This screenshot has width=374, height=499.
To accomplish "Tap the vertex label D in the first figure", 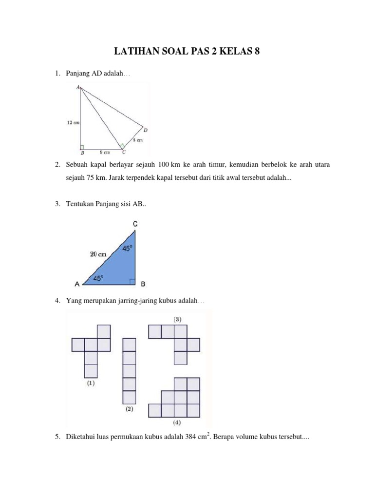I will click(145, 130).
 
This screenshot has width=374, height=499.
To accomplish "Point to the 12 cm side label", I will click(73, 123).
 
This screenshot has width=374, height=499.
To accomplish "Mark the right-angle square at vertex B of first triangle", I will click(83, 147).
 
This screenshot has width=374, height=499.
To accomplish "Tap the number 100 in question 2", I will click(157, 165).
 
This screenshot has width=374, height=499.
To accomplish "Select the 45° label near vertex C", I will click(127, 249).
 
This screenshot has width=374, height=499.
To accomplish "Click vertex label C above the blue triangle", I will click(135, 224).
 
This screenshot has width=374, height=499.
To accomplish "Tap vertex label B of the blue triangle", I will click(143, 284).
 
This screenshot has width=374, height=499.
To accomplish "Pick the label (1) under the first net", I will click(91, 383).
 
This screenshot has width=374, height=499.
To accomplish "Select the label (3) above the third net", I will click(179, 319).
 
